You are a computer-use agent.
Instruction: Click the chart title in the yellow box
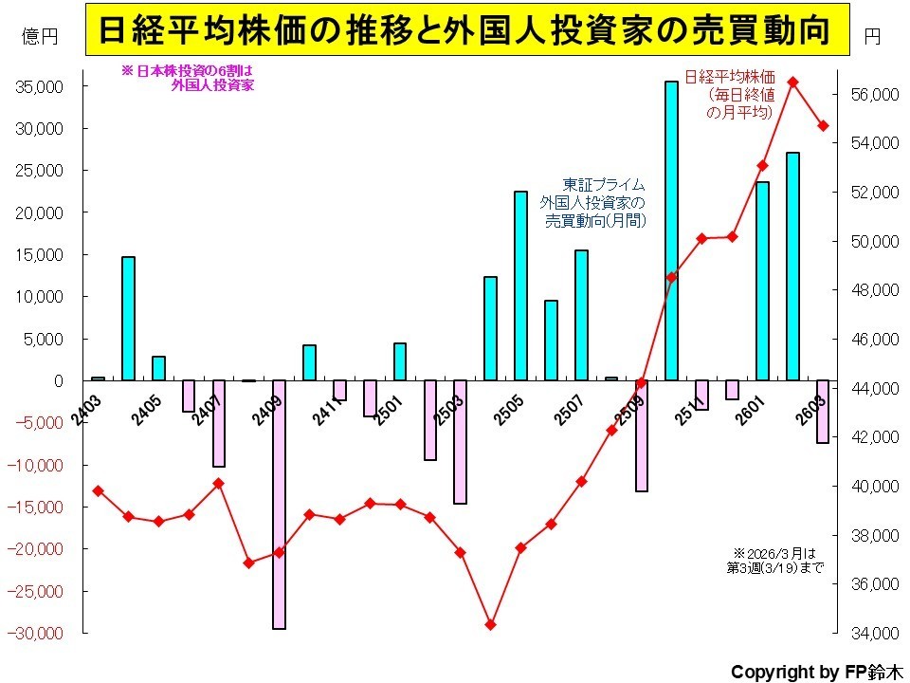pyautogui.click(x=464, y=32)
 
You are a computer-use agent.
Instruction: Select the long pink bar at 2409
pyautogui.click(x=279, y=503)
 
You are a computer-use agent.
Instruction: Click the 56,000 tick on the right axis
pyautogui.click(x=871, y=95)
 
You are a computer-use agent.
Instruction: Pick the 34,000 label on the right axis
pyautogui.click(x=871, y=633)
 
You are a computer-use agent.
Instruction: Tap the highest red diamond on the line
pyautogui.click(x=793, y=83)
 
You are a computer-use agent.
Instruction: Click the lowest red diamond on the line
pyautogui.click(x=490, y=624)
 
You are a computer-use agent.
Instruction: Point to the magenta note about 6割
pyautogui.click(x=187, y=77)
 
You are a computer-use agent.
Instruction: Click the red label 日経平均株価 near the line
pyautogui.click(x=734, y=76)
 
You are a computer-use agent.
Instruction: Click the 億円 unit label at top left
pyautogui.click(x=40, y=36)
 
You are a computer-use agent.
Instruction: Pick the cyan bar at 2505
pyautogui.click(x=520, y=286)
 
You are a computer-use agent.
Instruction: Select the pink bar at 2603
pyautogui.click(x=822, y=411)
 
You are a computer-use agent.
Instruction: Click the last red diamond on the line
pyautogui.click(x=824, y=126)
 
